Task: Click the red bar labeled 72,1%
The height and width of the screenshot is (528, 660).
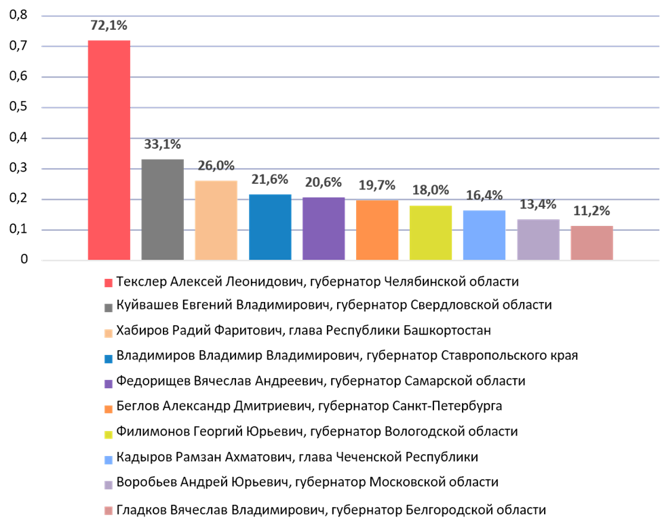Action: pyautogui.click(x=109, y=150)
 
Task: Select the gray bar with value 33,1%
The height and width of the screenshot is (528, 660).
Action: pyautogui.click(x=162, y=209)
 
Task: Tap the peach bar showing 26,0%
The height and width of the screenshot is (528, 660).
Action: pyautogui.click(x=216, y=220)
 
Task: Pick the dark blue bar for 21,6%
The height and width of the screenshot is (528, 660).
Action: pyautogui.click(x=270, y=227)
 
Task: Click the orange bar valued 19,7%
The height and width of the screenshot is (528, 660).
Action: pyautogui.click(x=376, y=230)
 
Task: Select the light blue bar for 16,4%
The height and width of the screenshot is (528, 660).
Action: pyautogui.click(x=484, y=235)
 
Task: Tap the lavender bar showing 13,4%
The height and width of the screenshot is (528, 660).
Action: pyautogui.click(x=538, y=240)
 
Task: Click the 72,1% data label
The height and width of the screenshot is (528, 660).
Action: pyautogui.click(x=109, y=26)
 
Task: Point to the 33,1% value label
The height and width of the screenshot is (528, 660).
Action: pyautogui.click(x=162, y=145)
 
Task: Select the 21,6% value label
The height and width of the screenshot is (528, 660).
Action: pyautogui.click(x=270, y=180)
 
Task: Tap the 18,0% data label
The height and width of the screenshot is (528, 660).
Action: pyautogui.click(x=430, y=191)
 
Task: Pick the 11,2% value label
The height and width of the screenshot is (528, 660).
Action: pyautogui.click(x=591, y=211)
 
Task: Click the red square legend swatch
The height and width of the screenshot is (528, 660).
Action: pyautogui.click(x=109, y=283)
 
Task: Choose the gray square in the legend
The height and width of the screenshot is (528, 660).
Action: pyautogui.click(x=109, y=308)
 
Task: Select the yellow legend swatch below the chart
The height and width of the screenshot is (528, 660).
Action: pyautogui.click(x=109, y=435)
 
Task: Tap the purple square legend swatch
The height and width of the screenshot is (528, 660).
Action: pyautogui.click(x=109, y=384)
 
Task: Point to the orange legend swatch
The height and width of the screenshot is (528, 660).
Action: pyautogui.click(x=109, y=409)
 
